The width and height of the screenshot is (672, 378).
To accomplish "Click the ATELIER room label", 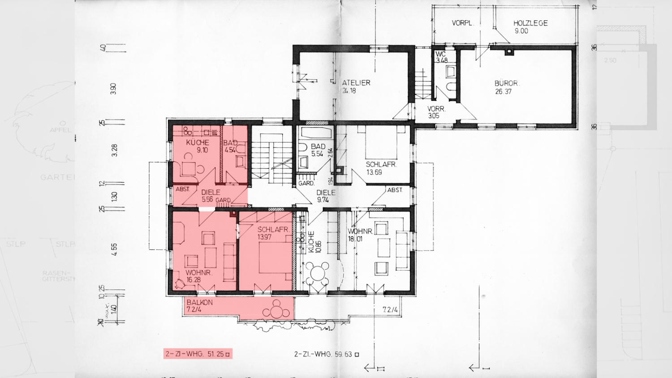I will coord(356,83).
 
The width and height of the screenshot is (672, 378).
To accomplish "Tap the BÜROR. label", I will coord(507,83).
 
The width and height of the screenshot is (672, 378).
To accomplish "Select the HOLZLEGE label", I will coord(530,23).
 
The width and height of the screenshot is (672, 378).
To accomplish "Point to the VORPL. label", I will coord(462,23).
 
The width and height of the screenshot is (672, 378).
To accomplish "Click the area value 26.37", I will coord(503,92).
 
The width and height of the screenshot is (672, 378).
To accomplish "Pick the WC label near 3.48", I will coord(440,54).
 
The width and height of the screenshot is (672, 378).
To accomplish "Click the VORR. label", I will coord(436,109).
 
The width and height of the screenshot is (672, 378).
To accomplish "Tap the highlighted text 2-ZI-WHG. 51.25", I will coord(198,354).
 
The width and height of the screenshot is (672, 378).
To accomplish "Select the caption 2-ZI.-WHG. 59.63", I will coord(327,354).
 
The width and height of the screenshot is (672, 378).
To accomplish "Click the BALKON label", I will coord(200,302).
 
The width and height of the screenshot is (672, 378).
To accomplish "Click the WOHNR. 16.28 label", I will coord(198,273).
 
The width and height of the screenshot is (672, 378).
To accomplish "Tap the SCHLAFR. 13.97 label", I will coord(273,230).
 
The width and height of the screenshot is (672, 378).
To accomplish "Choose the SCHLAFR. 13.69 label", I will coord(381,164).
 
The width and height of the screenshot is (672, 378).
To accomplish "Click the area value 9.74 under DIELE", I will coord(323,200).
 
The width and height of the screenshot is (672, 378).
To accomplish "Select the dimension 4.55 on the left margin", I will coord(114,249).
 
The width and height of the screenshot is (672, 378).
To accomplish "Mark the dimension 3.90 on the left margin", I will coord(113,89).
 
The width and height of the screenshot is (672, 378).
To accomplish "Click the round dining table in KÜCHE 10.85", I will coord(318,273).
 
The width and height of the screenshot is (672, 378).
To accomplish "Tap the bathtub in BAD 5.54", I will coord(316,133).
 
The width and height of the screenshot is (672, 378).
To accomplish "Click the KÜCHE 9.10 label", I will coord(198,142).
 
